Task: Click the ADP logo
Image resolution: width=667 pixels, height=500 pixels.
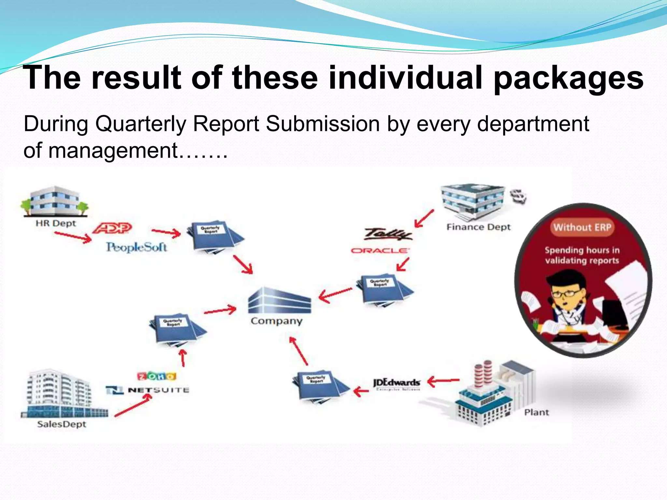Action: (112, 228)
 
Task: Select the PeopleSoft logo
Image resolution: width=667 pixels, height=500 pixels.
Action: (136, 247)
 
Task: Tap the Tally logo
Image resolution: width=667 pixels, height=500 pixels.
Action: (388, 234)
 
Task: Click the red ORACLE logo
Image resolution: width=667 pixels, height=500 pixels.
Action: (380, 250)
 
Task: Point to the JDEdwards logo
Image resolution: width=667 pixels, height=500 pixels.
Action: (397, 383)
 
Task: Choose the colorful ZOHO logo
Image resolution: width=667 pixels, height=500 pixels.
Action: (157, 376)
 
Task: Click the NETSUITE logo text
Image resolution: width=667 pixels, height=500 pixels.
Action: (159, 390)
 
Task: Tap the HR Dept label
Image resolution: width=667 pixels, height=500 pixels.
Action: (56, 223)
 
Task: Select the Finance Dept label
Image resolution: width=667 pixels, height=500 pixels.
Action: (478, 227)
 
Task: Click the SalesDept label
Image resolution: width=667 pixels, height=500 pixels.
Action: (62, 424)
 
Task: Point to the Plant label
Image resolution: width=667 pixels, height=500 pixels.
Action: (536, 412)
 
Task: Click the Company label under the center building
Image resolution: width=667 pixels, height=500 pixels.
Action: (277, 321)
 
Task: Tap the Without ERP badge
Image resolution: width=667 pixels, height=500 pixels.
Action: (582, 227)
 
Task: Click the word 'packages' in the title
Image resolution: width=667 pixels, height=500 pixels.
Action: (568, 78)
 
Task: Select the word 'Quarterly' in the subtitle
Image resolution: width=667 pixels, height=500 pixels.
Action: (141, 124)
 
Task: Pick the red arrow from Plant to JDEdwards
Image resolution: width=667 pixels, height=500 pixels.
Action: (443, 380)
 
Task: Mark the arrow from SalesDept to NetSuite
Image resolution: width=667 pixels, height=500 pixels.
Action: (133, 406)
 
